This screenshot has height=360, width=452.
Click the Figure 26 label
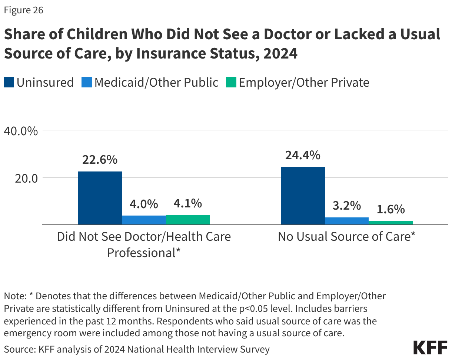tap(24, 10)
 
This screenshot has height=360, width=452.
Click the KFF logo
tap(430, 348)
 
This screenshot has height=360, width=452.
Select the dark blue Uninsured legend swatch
tap(9, 82)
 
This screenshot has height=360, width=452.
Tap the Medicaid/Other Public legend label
tap(156, 82)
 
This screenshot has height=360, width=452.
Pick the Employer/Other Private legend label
tap(304, 82)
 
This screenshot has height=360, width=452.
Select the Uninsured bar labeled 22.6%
tap(100, 198)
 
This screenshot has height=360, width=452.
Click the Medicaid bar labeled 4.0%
tap(144, 220)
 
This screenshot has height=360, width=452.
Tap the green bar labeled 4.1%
tap(188, 220)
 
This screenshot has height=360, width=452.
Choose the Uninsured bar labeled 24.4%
tap(303, 196)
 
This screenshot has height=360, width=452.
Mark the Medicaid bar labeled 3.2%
tap(347, 221)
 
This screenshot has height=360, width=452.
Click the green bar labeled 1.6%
tap(391, 223)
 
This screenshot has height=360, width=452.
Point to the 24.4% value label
tap(303, 155)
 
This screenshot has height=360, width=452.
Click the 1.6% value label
tap(391, 210)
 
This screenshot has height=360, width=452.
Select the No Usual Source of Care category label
tap(346, 237)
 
